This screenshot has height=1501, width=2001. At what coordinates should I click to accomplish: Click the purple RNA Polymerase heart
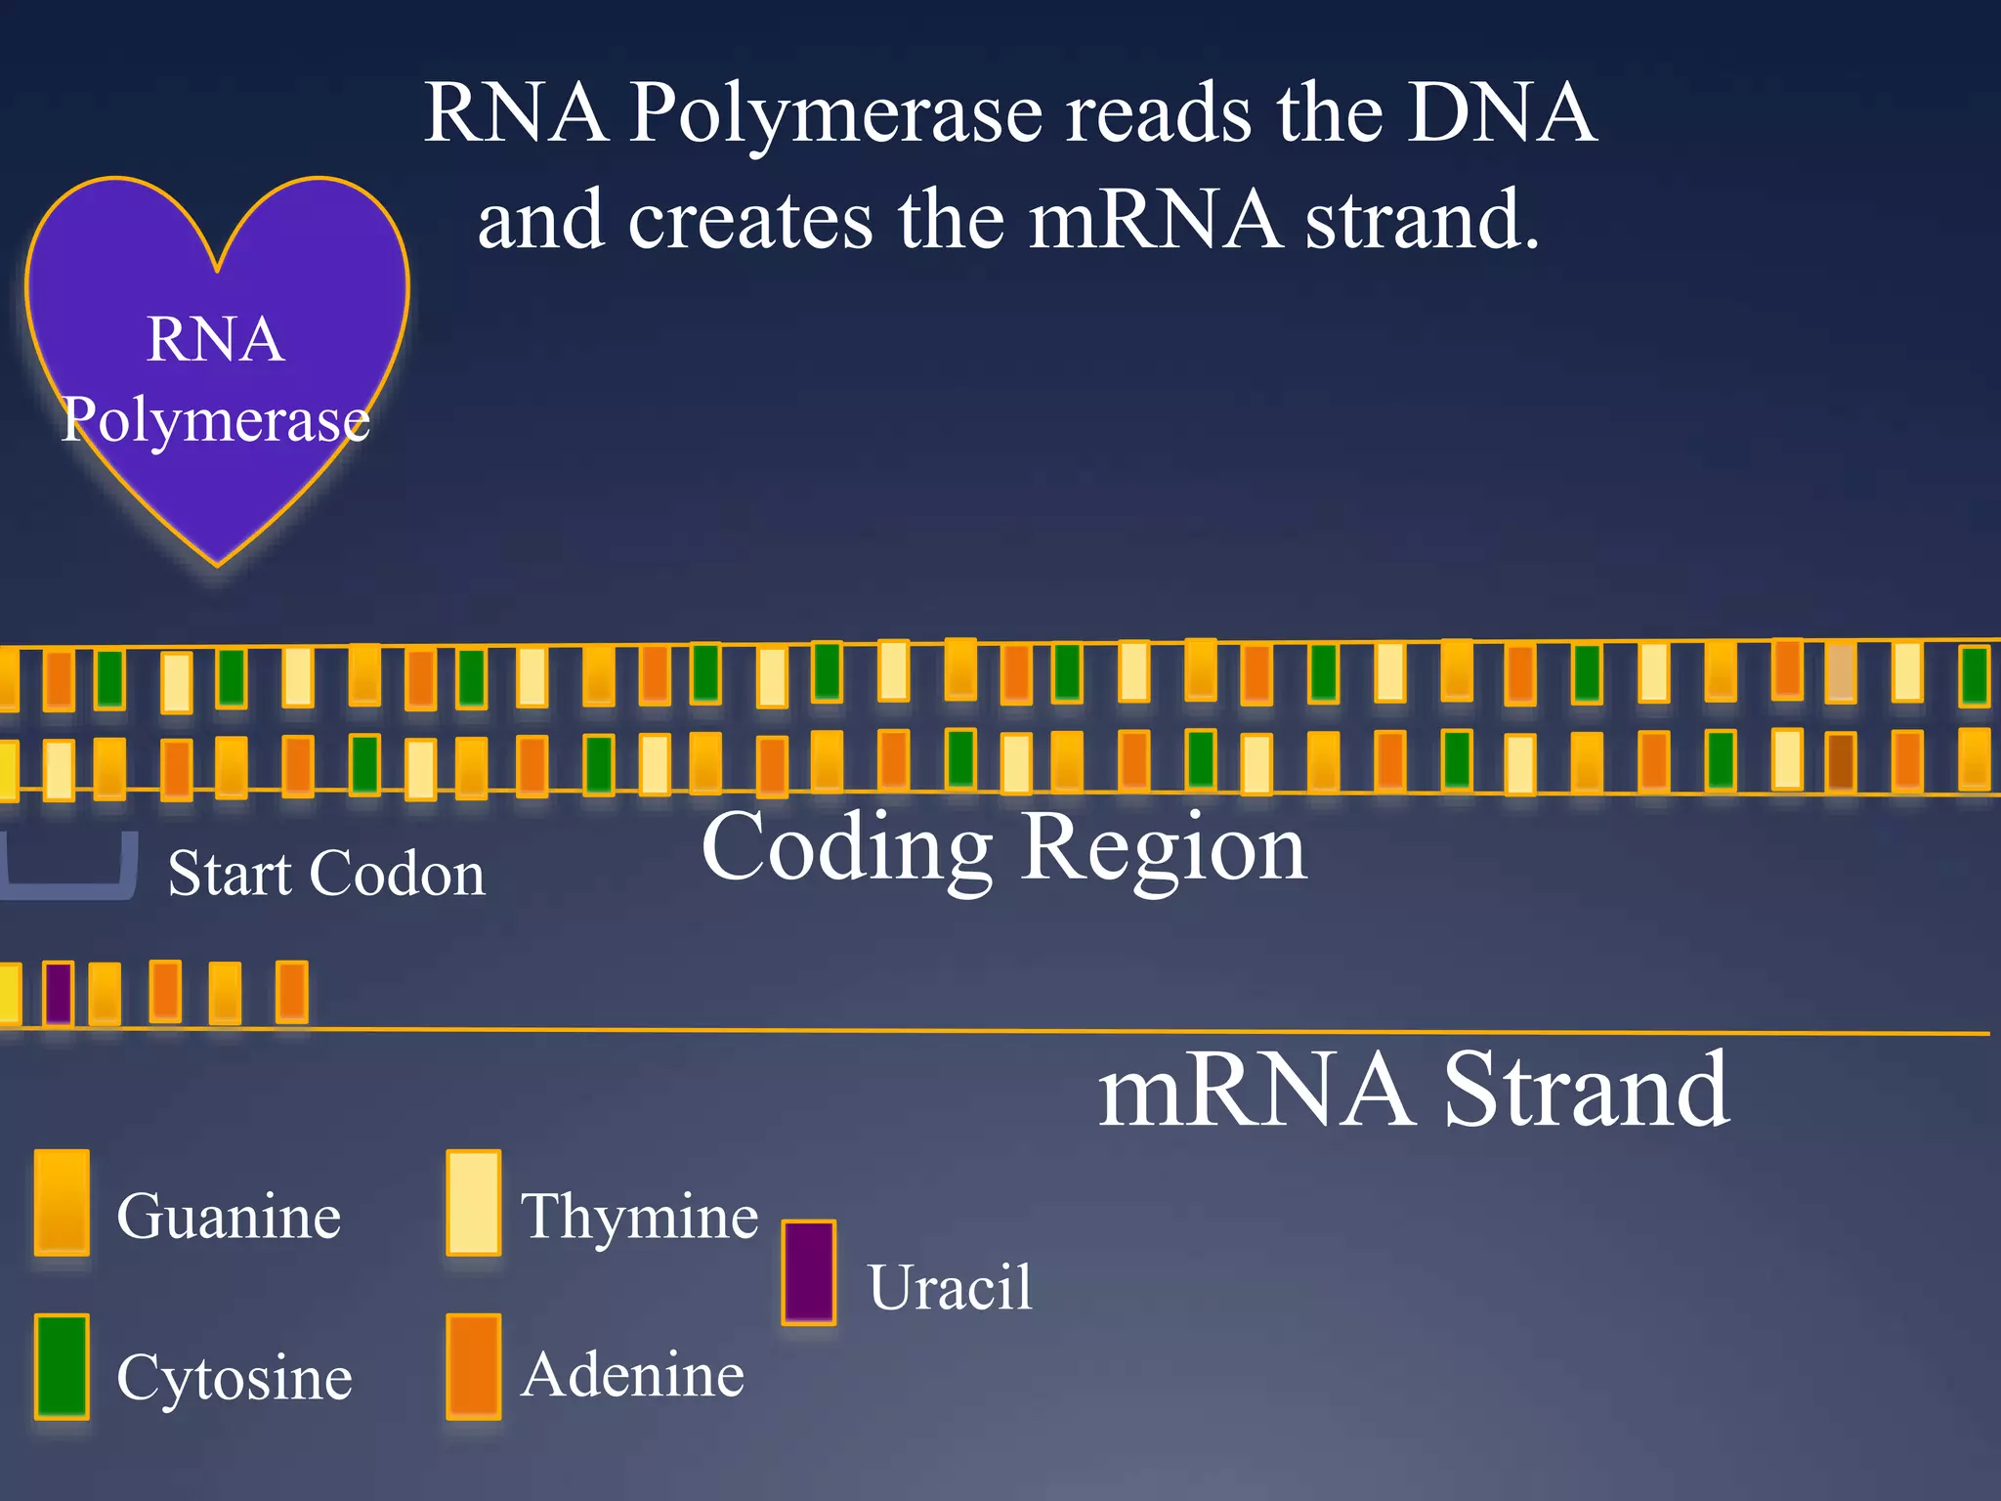click(217, 293)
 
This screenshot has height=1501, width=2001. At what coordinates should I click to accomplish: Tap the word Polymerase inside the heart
click(216, 419)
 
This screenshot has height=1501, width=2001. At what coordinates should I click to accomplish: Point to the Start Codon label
click(326, 873)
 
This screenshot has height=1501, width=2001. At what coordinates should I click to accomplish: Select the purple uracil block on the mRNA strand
click(59, 993)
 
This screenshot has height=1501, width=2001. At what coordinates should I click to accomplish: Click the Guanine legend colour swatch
click(62, 1202)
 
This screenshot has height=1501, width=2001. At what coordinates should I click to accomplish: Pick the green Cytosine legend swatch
click(62, 1365)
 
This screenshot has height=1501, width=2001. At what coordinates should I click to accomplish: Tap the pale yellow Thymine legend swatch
click(474, 1202)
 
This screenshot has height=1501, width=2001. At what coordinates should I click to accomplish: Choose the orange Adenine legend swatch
click(474, 1365)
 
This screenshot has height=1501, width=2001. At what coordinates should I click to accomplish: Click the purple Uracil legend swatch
click(809, 1272)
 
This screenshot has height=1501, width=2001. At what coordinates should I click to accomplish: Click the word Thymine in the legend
click(639, 1217)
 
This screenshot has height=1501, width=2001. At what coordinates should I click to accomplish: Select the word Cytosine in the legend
click(234, 1378)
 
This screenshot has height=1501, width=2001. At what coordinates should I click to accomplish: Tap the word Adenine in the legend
click(632, 1375)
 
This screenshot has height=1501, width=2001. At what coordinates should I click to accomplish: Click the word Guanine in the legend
click(229, 1217)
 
